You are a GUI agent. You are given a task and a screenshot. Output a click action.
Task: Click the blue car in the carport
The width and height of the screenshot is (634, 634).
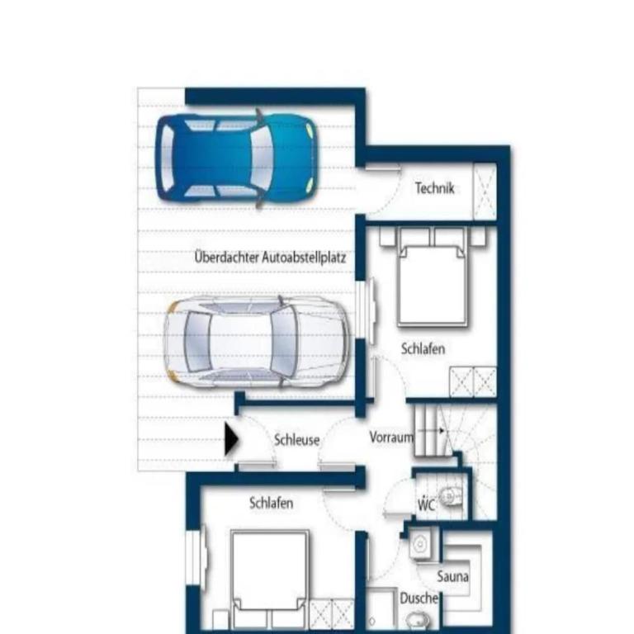tap(237, 158)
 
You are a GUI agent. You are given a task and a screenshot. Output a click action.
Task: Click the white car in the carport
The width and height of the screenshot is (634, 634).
tap(258, 342)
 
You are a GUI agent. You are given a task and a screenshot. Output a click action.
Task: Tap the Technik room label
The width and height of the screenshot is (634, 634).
tap(435, 188)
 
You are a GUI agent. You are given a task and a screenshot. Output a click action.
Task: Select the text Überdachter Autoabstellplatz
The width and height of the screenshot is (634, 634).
tap(270, 258)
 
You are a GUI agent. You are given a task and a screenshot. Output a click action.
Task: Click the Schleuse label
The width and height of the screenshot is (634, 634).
tap(297, 440)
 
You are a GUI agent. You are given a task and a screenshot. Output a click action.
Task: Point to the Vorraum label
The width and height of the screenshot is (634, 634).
tap(391, 437)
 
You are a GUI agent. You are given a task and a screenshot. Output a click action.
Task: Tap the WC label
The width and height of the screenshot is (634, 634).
tap(426, 504)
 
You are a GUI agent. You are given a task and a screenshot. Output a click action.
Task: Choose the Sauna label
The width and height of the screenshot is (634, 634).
tap(453, 576)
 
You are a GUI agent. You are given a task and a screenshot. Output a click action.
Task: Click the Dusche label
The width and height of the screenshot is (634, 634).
tap(419, 598)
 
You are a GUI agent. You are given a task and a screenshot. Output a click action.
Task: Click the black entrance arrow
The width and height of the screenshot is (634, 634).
tap(232, 439)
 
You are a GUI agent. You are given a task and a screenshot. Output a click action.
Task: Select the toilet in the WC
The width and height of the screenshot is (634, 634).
tap(450, 496)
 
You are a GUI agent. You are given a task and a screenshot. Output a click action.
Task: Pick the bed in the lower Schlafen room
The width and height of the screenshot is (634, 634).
tap(270, 580)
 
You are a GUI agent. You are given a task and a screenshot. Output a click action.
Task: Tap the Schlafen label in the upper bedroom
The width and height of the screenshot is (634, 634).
tap(423, 348)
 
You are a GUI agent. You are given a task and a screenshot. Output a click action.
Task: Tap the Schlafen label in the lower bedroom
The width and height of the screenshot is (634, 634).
tap(272, 503)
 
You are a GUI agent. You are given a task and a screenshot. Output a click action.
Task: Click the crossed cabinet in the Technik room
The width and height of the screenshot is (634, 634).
tap(485, 192)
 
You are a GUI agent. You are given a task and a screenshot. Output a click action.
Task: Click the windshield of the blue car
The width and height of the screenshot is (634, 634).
tap(262, 158)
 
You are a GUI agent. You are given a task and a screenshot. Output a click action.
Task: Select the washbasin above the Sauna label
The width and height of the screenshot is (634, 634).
tap(420, 544)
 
